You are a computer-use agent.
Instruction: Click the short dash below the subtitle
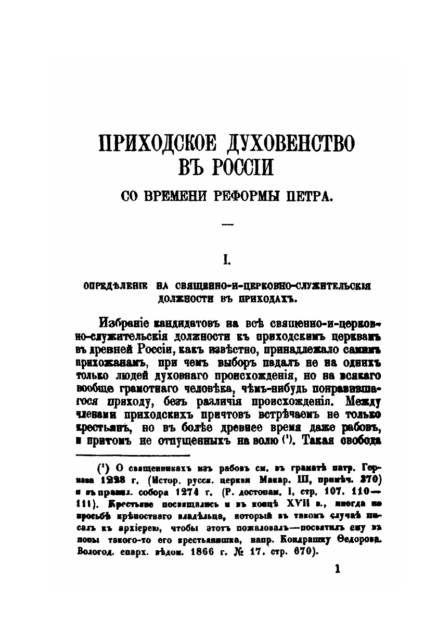[227, 224]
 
